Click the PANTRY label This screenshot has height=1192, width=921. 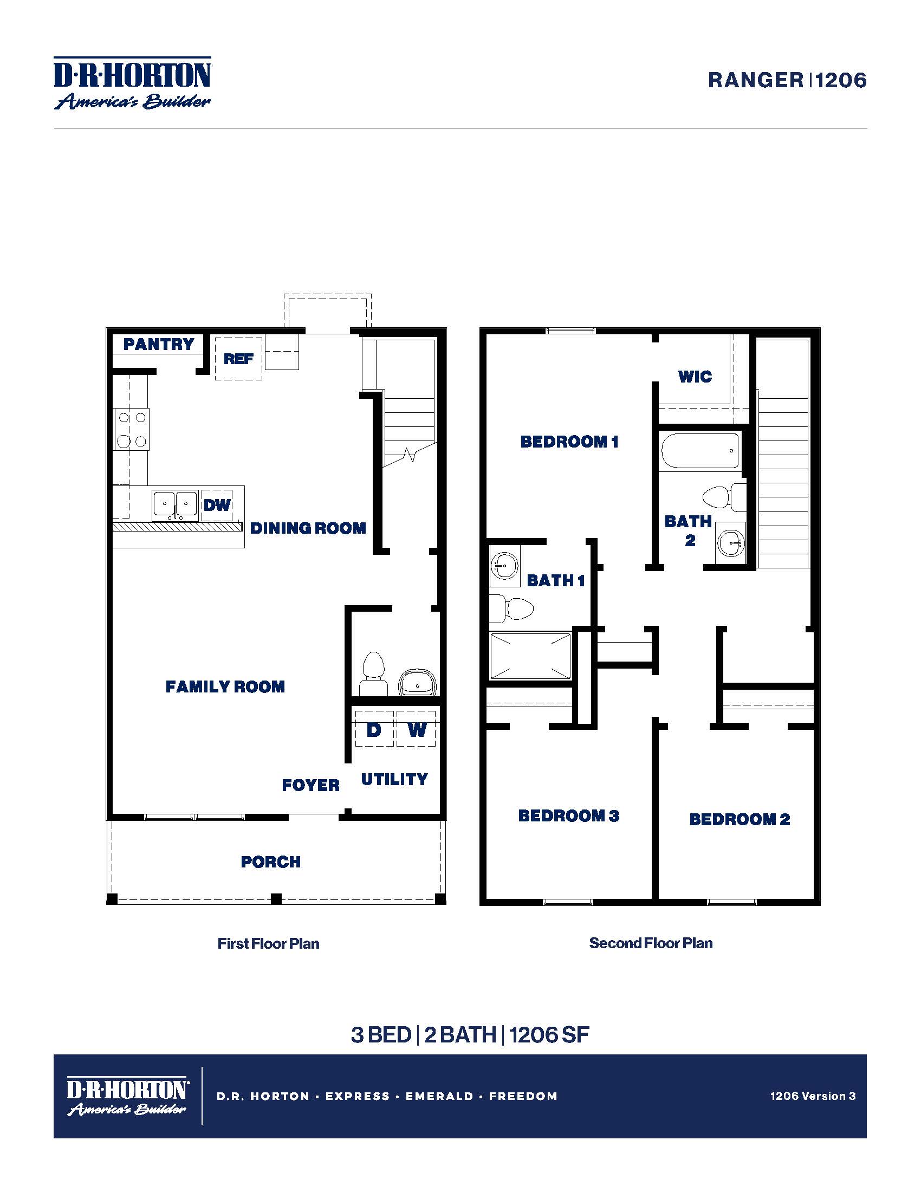158,345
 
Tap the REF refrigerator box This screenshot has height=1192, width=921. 238,359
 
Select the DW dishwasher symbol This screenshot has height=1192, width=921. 217,505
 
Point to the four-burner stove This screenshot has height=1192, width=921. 132,430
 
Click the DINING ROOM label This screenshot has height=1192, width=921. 308,528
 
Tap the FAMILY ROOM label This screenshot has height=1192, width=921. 225,686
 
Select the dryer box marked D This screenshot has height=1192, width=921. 374,729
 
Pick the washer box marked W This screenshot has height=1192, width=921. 416,729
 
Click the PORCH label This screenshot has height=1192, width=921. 271,862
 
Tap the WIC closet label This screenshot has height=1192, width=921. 695,376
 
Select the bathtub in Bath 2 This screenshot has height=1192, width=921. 700,451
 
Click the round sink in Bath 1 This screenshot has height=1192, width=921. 504,565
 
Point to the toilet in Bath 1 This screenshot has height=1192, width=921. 513,608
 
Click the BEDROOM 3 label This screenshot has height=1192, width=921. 568,815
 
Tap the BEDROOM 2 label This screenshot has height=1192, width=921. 740,819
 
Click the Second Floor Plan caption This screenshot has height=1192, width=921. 650,943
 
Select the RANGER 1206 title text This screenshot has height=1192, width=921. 787,80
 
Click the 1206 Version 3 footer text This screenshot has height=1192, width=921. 813,1096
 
